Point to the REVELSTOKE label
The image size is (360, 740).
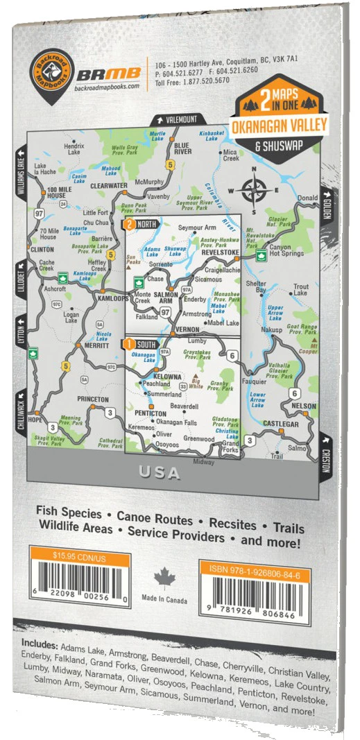(221, 253)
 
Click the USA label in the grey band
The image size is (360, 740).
(160, 474)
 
